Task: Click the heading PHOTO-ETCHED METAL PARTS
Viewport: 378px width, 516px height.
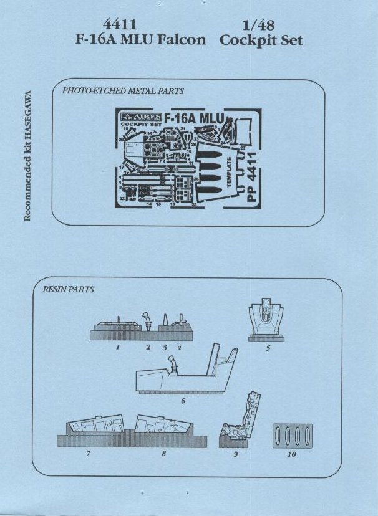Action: click(123, 91)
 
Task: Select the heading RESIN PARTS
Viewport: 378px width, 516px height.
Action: click(68, 290)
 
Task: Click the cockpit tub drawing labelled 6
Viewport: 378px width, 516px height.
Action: click(187, 373)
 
